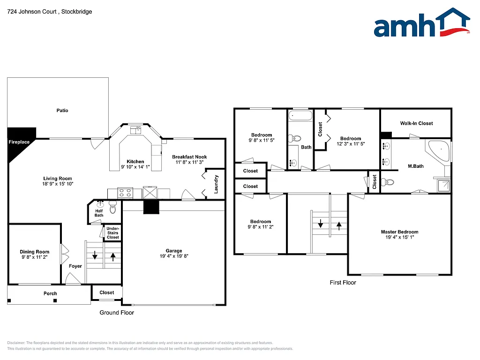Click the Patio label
pyautogui.click(x=62, y=111)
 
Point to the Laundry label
pyautogui.click(x=216, y=184)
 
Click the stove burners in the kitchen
pyautogui.click(x=125, y=192)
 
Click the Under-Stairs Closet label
pyautogui.click(x=112, y=232)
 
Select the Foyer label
pyautogui.click(x=75, y=266)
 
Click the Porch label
pyautogui.click(x=50, y=293)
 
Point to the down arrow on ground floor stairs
pyautogui.click(x=95, y=256)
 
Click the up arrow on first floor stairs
pyautogui.click(x=339, y=225)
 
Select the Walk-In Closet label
pyautogui.click(x=416, y=123)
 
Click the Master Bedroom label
pyautogui.click(x=399, y=232)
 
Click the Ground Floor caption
pyautogui.click(x=117, y=313)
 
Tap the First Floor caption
pyautogui.click(x=343, y=283)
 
